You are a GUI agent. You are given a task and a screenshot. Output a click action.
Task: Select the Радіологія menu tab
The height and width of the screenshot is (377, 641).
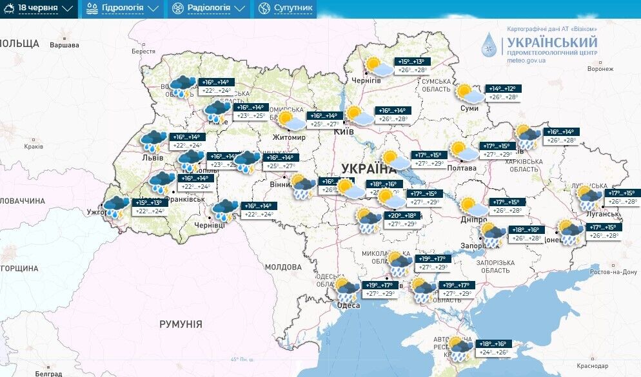point(208,8)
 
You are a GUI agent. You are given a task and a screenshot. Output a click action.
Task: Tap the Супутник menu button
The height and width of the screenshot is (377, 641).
point(285,8)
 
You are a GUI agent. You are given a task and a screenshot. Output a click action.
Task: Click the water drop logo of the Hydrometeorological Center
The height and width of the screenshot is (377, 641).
point(490,45)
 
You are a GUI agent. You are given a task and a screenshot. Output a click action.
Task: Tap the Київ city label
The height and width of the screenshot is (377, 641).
point(344,131)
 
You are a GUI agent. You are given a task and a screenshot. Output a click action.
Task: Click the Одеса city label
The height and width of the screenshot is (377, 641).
point(348,305)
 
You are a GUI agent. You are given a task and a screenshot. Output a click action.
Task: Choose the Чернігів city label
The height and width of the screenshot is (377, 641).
point(366,80)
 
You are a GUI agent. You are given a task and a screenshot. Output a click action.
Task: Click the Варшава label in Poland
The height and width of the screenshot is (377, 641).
point(64,45)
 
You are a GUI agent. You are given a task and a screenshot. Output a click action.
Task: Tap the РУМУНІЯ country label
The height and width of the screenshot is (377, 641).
point(181,324)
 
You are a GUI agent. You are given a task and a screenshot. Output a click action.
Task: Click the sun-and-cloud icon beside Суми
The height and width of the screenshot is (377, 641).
point(467,93)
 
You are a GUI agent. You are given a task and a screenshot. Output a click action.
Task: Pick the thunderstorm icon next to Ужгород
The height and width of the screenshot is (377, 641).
point(117,208)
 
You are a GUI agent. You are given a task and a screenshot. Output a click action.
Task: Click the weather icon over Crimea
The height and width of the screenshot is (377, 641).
point(460,348)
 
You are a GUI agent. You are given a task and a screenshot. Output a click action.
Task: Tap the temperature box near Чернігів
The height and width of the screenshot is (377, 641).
point(413,66)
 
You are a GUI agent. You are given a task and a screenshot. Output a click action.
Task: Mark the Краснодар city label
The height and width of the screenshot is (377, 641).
point(593,365)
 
